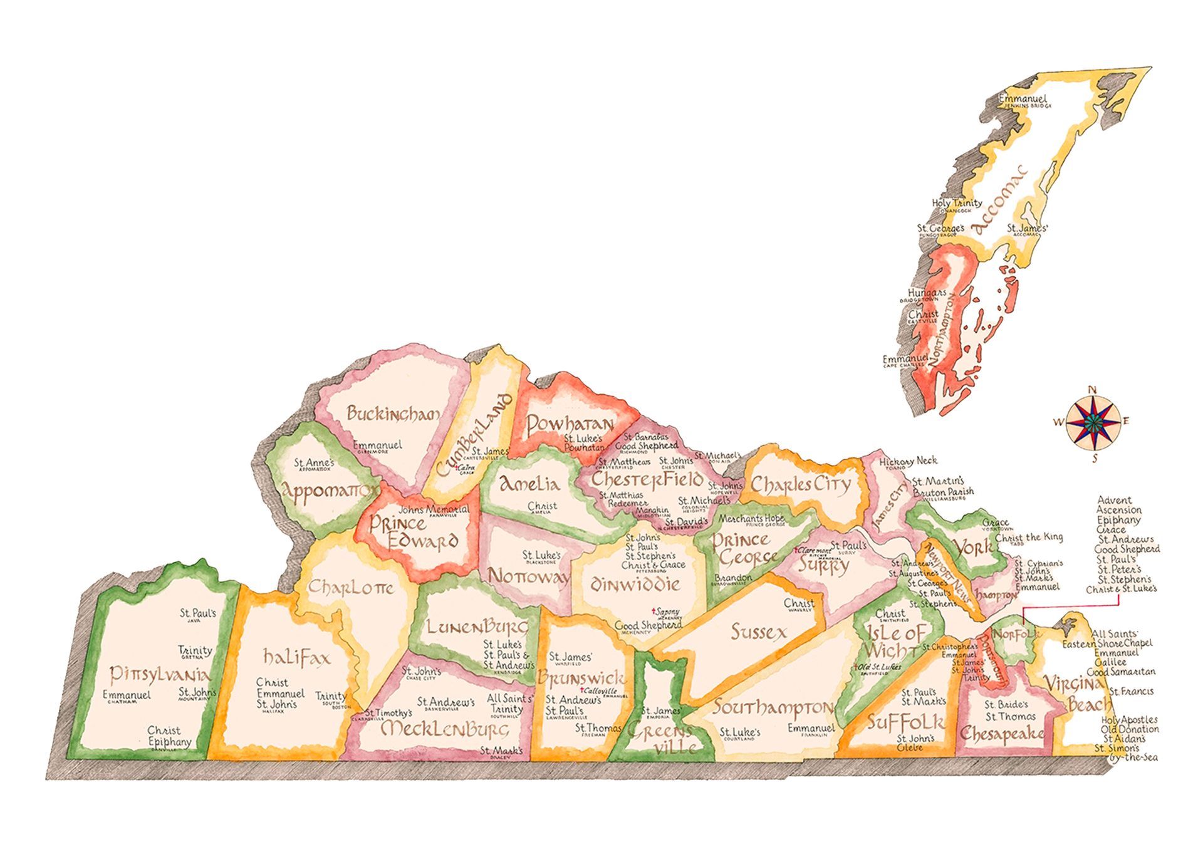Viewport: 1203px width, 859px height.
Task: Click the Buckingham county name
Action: coord(393,414)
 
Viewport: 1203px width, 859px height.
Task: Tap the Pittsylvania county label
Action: coord(160,675)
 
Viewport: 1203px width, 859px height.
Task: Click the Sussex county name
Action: coord(758,632)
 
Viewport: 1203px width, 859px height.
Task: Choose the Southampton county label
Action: coord(772,708)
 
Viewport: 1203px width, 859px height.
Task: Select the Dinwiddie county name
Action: coord(635,585)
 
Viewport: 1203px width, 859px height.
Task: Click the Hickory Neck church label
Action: coord(908,461)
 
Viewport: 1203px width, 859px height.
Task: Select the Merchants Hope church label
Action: coord(751,518)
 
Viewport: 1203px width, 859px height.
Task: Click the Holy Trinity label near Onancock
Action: coord(957,203)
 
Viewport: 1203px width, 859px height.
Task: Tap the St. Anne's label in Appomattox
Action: coord(315,462)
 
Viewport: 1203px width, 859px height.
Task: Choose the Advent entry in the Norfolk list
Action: coord(1114,500)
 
